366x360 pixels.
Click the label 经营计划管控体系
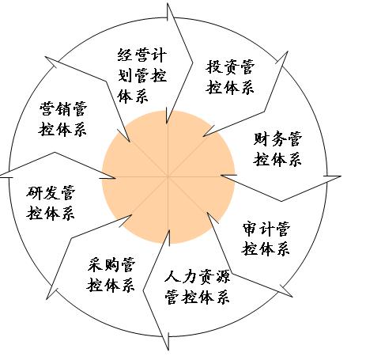click(x=142, y=76)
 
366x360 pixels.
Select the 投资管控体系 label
click(x=230, y=77)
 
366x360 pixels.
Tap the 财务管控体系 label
click(x=277, y=149)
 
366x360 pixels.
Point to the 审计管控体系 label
click(x=266, y=239)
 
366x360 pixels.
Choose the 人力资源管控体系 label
click(x=198, y=287)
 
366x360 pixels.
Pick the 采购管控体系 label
click(x=111, y=275)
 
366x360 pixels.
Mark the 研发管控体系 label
click(x=51, y=203)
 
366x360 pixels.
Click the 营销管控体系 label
click(x=62, y=119)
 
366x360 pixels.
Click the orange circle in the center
click(x=168, y=176)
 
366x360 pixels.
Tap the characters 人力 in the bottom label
click(x=180, y=277)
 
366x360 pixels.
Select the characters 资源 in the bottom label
click(x=214, y=277)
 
